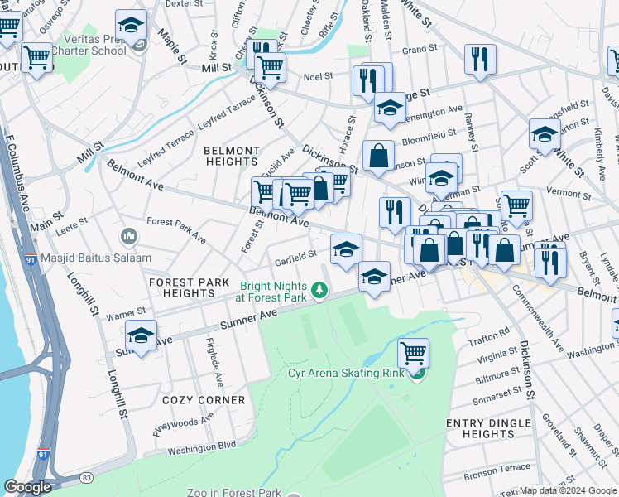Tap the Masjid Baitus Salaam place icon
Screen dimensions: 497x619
click(128, 238)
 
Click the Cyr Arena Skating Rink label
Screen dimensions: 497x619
click(346, 373)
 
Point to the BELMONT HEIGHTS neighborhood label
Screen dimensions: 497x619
click(231, 156)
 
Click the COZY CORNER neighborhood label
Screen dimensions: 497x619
click(204, 400)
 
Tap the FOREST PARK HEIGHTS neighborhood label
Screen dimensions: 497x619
click(189, 287)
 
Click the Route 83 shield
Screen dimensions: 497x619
click(86, 478)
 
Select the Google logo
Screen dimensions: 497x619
click(27, 487)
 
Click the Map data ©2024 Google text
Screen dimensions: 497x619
click(568, 490)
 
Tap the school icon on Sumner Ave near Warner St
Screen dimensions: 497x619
click(142, 337)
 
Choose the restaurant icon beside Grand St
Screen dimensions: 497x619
click(479, 59)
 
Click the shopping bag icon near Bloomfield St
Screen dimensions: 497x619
click(378, 156)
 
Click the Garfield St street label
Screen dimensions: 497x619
click(295, 254)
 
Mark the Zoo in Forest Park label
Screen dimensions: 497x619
click(234, 493)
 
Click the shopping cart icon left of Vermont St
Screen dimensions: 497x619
click(516, 204)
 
